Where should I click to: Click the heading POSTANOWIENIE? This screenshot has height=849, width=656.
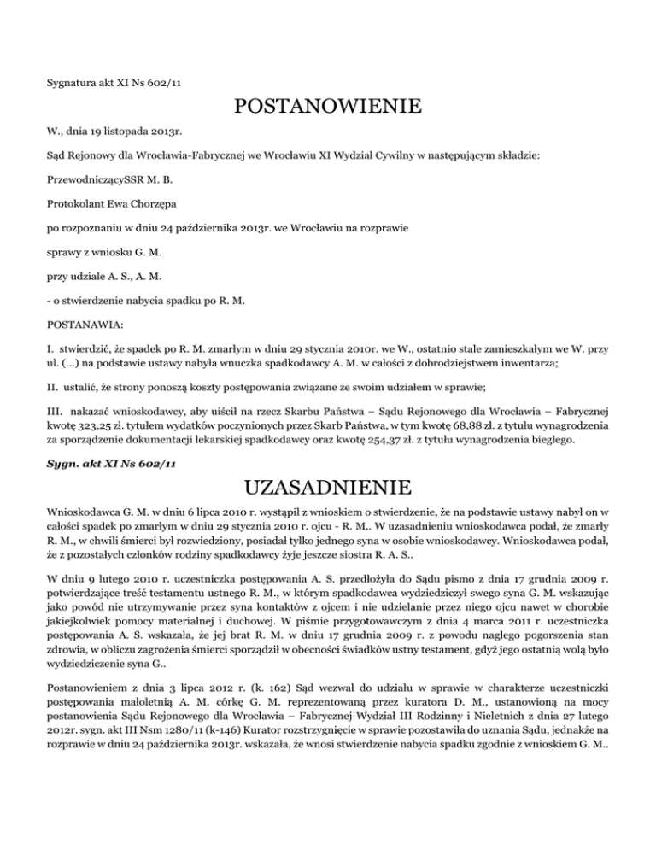[327, 108]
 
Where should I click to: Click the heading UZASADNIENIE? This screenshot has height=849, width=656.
[327, 489]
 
